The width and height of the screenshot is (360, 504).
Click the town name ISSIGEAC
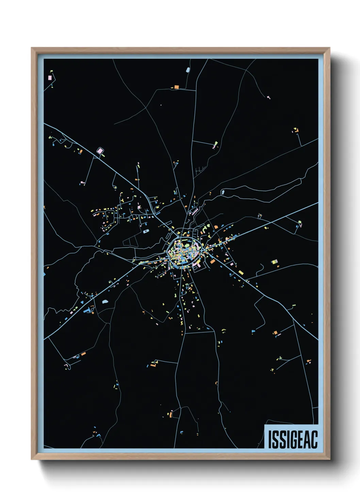293,440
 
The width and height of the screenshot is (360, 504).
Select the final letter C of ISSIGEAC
314,440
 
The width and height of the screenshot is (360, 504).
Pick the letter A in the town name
306,440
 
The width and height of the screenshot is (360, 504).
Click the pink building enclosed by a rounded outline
100,150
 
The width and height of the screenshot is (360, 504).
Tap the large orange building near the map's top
176,88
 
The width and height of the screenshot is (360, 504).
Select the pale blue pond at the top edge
187,70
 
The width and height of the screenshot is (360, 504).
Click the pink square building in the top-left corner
50,78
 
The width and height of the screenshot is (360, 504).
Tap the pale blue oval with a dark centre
146,232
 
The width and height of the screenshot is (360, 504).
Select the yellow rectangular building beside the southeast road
241,272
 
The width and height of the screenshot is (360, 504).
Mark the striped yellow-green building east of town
274,262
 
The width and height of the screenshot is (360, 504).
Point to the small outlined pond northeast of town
223,192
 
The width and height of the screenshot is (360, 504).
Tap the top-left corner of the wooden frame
32,48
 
